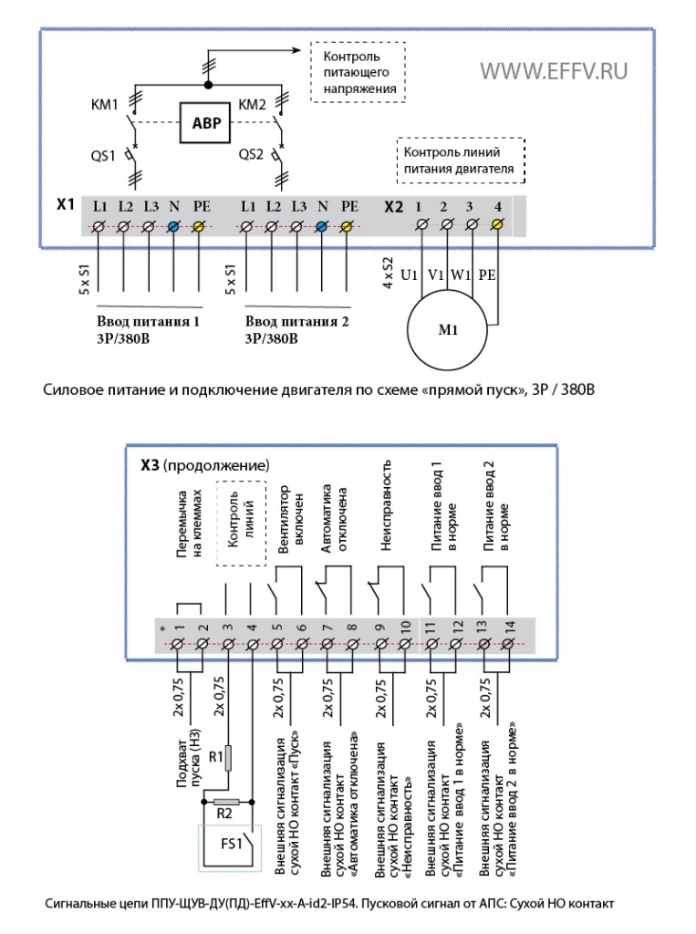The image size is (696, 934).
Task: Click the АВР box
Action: click(205, 123)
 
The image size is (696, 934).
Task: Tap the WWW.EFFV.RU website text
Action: click(554, 71)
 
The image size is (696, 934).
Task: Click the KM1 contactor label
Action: click(104, 105)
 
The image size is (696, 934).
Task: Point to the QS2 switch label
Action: click(251, 154)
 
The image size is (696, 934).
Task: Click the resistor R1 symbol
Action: click(228, 758)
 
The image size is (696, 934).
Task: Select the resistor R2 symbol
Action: click(226, 802)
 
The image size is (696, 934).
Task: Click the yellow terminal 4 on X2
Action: click(498, 224)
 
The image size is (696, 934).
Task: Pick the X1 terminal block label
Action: click(65, 204)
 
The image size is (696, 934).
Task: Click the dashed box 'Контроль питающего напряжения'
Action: click(358, 72)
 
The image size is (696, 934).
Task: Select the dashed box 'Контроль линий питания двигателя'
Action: click(461, 161)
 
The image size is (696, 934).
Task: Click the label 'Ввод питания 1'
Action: click(148, 322)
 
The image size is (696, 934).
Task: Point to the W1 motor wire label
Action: click(460, 275)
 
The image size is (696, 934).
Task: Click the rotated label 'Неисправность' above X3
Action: click(386, 504)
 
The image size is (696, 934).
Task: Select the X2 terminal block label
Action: click(393, 207)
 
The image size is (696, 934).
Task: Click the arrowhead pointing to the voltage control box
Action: click(296, 51)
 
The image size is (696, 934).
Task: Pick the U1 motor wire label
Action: click(409, 275)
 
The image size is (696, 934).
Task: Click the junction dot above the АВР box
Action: click(208, 85)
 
